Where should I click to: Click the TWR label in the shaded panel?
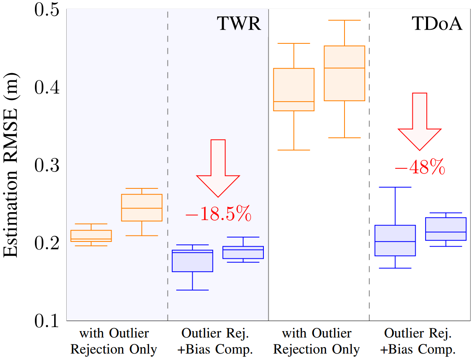[240, 25]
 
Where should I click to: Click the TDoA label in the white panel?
[437, 25]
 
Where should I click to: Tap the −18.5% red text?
[218, 215]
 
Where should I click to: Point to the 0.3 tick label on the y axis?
[47, 165]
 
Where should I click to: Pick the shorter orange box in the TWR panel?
[91, 236]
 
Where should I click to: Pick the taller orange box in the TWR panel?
[142, 208]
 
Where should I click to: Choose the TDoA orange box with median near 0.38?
[294, 89]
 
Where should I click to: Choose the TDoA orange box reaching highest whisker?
[345, 73]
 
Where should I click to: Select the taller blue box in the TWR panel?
[193, 261]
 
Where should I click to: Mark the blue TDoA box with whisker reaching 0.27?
[395, 240]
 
